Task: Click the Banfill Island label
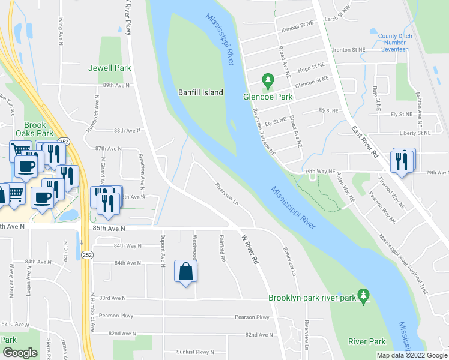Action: [200, 92]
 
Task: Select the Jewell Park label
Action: [110, 68]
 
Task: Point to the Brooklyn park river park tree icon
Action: [362, 295]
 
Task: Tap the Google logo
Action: [20, 353]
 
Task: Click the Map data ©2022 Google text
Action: [411, 355]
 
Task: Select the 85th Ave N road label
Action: [109, 229]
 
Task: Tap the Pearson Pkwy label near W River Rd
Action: [252, 317]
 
